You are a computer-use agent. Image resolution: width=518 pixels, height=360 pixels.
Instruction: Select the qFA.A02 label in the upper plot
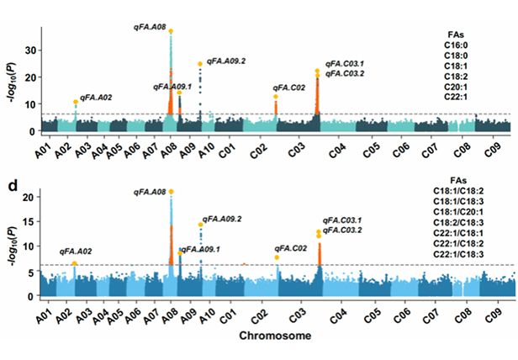point(95,98)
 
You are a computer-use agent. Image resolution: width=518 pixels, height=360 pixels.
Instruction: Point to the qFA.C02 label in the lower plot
point(290,248)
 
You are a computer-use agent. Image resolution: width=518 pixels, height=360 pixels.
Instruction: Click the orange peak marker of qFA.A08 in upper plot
point(171,31)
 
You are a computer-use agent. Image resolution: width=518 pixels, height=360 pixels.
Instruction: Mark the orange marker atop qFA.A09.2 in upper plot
point(200,64)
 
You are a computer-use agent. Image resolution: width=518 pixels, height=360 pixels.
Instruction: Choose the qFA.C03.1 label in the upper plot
point(345,64)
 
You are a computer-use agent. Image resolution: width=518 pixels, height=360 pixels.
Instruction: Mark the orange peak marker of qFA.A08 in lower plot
point(172,192)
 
